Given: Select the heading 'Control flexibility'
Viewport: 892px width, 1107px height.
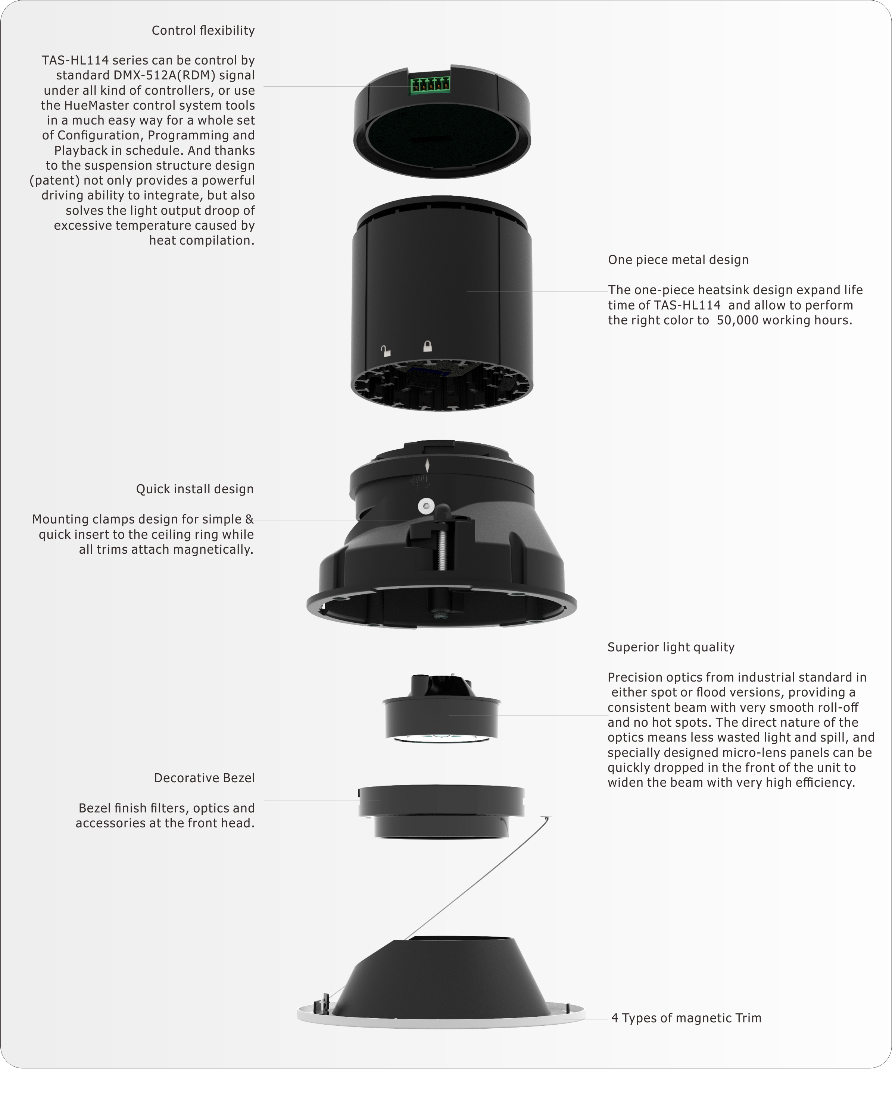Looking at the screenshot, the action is [x=203, y=31].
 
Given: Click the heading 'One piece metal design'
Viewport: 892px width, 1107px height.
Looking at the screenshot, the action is [x=678, y=260].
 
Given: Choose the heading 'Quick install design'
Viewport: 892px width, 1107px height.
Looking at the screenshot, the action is [x=195, y=489].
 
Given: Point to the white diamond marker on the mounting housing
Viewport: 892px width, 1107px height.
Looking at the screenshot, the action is [x=427, y=465].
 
